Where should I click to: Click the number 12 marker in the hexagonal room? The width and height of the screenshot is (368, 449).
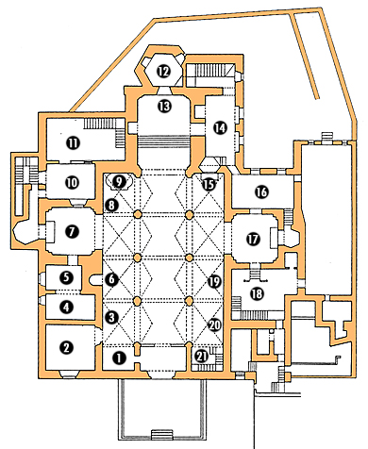[164, 72]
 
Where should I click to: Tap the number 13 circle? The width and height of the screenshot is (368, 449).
[165, 107]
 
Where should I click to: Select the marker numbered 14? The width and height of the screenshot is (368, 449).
[220, 128]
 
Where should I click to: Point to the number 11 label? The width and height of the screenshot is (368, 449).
[74, 143]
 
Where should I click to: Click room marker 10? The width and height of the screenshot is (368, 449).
[73, 182]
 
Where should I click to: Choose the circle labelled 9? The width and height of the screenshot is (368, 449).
[119, 182]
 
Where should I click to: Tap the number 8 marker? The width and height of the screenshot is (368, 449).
[112, 205]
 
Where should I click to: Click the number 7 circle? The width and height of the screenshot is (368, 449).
[72, 232]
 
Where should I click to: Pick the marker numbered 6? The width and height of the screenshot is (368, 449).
[112, 279]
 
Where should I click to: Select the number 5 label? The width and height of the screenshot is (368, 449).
[67, 277]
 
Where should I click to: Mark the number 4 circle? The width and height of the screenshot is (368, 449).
[67, 308]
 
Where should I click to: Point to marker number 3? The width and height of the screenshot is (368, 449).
[112, 318]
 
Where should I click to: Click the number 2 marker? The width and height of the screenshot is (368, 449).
[67, 347]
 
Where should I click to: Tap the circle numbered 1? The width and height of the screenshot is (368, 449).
[119, 358]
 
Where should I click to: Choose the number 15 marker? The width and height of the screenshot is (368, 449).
[209, 184]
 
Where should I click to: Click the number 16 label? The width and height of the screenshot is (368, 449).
[262, 191]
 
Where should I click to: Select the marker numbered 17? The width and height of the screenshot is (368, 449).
[253, 240]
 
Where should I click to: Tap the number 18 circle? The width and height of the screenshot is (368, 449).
[258, 293]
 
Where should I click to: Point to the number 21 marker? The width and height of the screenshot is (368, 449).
[202, 357]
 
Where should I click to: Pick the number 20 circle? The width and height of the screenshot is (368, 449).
[215, 324]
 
